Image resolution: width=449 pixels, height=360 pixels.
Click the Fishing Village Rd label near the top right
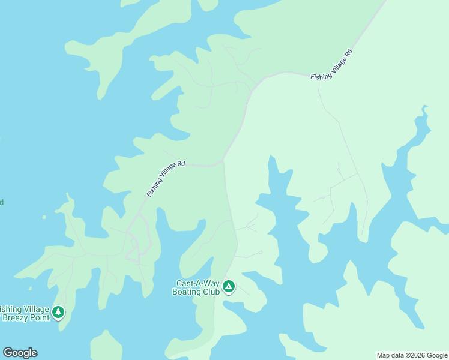pyautogui.click(x=331, y=65)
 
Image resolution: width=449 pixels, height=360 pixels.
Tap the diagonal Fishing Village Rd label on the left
pyautogui.click(x=166, y=179)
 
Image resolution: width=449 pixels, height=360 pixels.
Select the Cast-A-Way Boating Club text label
pyautogui.click(x=197, y=287)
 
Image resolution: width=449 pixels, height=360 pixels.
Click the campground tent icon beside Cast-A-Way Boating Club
pyautogui.click(x=228, y=287)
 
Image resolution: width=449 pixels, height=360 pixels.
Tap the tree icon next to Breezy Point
pyautogui.click(x=58, y=312)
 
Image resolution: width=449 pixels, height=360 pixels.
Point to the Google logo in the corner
pyautogui.click(x=20, y=353)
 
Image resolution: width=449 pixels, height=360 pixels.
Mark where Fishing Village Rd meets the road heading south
pyautogui.click(x=223, y=161)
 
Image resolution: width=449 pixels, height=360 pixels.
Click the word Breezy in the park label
pyautogui.click(x=16, y=317)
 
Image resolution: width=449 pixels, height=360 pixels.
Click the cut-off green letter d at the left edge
pyautogui.click(x=2, y=202)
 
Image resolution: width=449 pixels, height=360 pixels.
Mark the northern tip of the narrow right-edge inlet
pyautogui.click(x=425, y=107)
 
